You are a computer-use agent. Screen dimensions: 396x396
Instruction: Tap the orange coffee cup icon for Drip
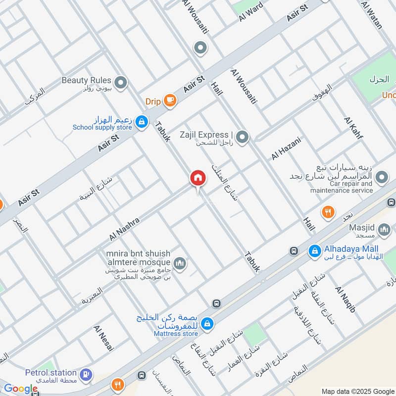(170, 100)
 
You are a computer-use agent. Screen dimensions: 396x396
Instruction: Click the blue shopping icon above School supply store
(142, 121)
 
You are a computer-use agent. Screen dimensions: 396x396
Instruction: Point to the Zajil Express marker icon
(242, 137)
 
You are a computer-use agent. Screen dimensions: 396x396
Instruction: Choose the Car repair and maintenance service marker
(381, 177)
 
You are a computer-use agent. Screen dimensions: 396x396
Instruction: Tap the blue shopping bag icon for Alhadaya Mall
(314, 251)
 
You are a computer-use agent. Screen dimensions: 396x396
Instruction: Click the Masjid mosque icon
(384, 230)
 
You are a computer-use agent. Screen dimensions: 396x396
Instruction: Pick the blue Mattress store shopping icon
(207, 323)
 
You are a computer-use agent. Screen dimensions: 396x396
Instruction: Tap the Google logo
(20, 389)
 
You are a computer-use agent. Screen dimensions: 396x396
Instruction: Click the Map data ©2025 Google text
(357, 391)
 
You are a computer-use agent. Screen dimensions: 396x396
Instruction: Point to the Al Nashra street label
(125, 228)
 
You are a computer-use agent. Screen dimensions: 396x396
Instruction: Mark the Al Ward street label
(250, 11)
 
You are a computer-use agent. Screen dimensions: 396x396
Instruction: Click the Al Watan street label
(372, 15)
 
